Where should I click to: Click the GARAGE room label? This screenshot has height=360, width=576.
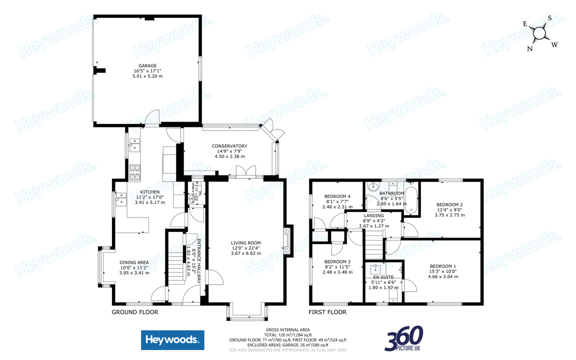147,65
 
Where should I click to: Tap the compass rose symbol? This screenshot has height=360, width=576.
539,33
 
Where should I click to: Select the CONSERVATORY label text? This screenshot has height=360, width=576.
229,146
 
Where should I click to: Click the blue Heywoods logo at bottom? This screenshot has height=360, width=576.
172,340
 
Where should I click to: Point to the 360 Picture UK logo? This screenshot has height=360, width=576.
403,338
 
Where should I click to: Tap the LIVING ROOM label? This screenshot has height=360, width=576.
246,243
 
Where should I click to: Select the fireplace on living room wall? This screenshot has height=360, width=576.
287,242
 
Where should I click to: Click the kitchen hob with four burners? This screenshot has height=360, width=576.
135,172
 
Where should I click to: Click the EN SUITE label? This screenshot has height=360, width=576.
384,277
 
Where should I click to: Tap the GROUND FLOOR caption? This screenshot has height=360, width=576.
134,312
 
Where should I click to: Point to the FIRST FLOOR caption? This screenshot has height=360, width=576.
327,312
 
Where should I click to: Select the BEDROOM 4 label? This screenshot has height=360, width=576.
337,196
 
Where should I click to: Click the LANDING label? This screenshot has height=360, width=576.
374,215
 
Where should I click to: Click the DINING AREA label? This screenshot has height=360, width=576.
134,262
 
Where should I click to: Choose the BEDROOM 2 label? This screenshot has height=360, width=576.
449,204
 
